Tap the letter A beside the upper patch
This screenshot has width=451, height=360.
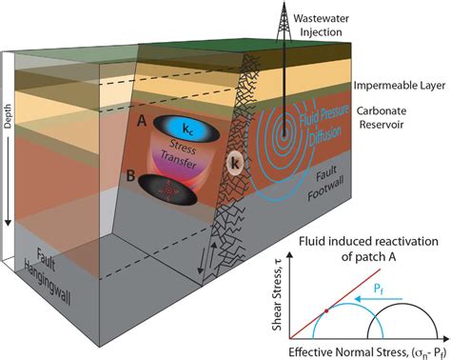coord(142,122)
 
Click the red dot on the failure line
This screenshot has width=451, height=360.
coord(329,310)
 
